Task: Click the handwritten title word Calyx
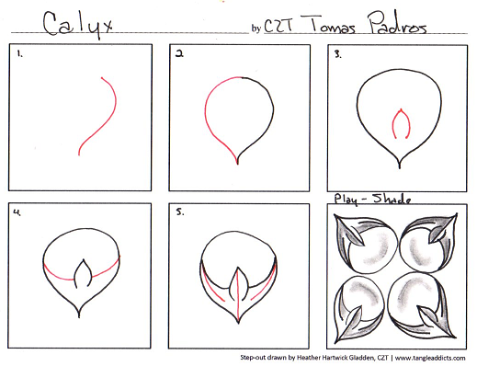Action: (x=78, y=25)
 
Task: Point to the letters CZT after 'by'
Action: (x=278, y=25)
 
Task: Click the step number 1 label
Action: (x=19, y=54)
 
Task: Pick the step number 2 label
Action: (x=179, y=54)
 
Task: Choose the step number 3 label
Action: (x=337, y=54)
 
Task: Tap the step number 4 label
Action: (x=17, y=212)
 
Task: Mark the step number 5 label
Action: (x=180, y=212)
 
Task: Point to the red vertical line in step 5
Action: (x=238, y=295)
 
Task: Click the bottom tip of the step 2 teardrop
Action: (x=238, y=165)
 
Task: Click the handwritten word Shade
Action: (x=392, y=199)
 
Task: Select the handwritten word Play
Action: (x=346, y=200)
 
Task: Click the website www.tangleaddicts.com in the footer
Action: (x=430, y=358)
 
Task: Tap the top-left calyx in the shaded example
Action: (x=365, y=242)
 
